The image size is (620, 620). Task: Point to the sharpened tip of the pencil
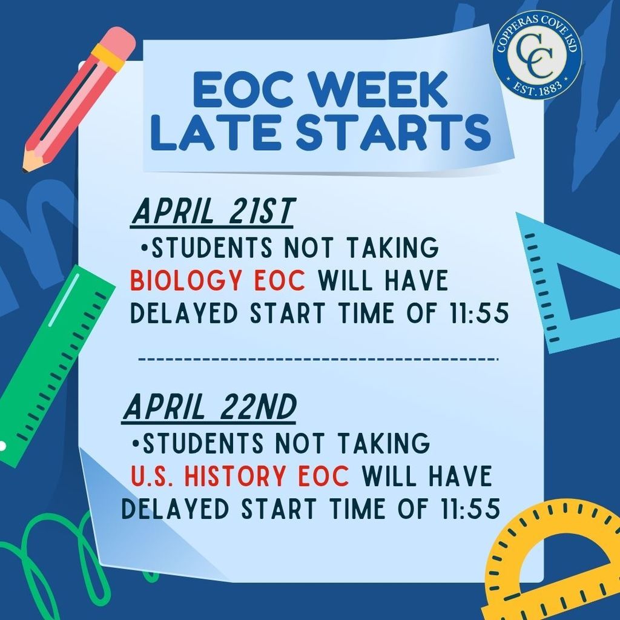click(x=27, y=164)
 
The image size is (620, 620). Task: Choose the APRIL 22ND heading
click(x=209, y=409)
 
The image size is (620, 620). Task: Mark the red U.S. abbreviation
click(x=153, y=477)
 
